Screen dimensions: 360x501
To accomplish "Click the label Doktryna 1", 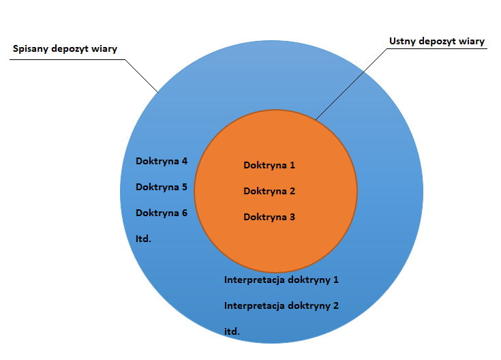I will [269, 165].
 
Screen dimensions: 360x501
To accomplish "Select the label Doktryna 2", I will [269, 191].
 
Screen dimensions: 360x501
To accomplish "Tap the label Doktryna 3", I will [269, 217].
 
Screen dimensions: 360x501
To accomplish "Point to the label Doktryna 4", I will [162, 162].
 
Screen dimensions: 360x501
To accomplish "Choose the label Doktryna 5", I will [162, 187].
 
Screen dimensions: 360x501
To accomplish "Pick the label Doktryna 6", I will [162, 213].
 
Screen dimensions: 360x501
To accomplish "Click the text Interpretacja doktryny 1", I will [282, 280].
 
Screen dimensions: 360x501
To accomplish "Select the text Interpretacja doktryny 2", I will [282, 305].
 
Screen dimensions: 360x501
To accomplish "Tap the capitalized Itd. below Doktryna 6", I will [143, 239].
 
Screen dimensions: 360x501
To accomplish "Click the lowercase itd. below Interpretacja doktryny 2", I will [232, 331].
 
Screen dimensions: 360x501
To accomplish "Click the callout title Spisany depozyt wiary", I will [65, 49].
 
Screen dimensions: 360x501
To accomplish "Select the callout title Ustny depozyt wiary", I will [436, 42].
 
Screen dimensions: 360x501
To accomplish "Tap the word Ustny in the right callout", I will [404, 42].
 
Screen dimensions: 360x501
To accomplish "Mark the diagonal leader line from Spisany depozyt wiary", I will [142, 76].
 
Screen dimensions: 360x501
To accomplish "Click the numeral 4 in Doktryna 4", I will [184, 162].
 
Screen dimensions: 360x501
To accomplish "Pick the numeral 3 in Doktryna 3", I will [292, 217].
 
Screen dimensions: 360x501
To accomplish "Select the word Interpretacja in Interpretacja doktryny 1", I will [254, 280].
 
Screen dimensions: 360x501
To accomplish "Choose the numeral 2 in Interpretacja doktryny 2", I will [335, 305].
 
